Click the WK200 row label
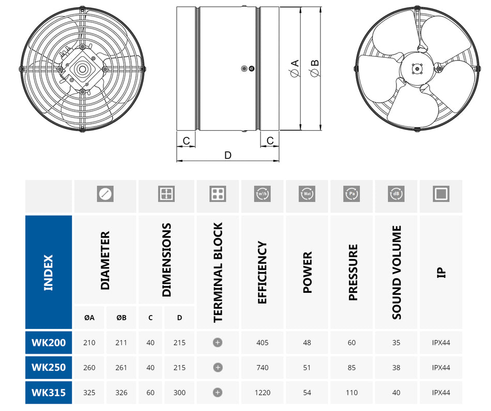[x=49, y=343]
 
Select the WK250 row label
[x=49, y=368]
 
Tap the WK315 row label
[x=49, y=392]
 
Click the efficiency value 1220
[x=262, y=392]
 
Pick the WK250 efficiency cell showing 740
[x=262, y=368]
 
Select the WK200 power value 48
[x=307, y=343]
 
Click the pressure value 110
[x=351, y=392]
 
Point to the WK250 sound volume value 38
[x=396, y=368]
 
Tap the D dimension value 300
[x=179, y=392]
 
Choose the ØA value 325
[x=89, y=392]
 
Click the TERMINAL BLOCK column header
[x=218, y=272]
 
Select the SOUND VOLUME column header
[x=396, y=272]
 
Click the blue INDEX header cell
[x=49, y=272]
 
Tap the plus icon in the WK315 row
[x=218, y=392]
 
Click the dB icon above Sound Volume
[x=396, y=194]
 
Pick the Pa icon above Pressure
[x=351, y=194]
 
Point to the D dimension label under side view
[x=228, y=155]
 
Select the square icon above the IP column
[x=441, y=194]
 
